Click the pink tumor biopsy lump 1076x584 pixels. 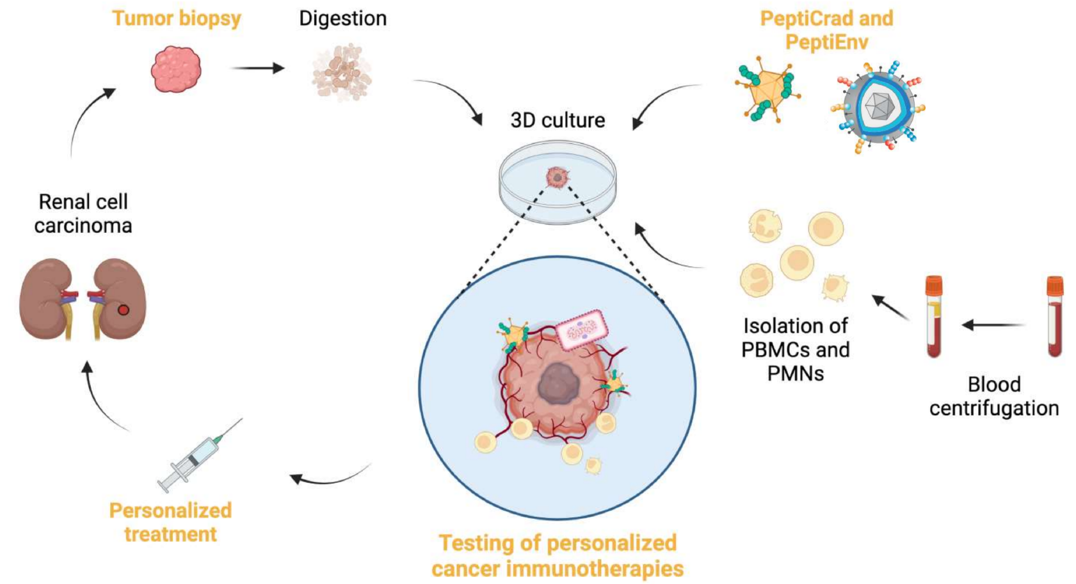[x=176, y=69]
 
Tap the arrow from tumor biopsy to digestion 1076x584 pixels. [x=257, y=68]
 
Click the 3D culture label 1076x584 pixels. [x=558, y=120]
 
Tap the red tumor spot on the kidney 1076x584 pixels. [x=124, y=310]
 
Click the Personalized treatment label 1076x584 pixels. [x=170, y=522]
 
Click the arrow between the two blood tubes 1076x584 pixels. [x=993, y=325]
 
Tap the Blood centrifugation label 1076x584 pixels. [x=994, y=396]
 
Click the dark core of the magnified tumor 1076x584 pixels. [x=558, y=384]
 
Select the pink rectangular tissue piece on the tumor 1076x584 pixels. [x=581, y=329]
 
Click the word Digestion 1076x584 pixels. [x=343, y=19]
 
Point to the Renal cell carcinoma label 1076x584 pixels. [x=83, y=214]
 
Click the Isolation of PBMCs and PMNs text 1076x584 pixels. [x=796, y=349]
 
